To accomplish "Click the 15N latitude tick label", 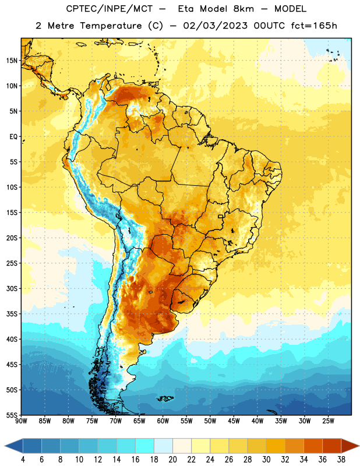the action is point(12,61).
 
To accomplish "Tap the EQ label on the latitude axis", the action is point(13,137).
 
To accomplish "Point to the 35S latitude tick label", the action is point(12,314).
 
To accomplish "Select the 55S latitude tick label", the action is point(12,415).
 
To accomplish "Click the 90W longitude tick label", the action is point(21,421).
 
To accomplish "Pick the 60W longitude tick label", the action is point(163,421).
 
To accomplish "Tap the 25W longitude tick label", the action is point(328,421).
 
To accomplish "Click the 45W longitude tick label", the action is point(234,421).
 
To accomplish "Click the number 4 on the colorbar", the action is point(23,460).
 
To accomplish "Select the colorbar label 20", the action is point(172,460).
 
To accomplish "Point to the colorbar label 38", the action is point(341,460).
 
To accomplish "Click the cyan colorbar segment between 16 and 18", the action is point(144,446).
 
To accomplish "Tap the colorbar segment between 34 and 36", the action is point(313,446).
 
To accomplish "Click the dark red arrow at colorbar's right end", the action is point(350,446).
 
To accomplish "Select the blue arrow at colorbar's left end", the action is point(14,446).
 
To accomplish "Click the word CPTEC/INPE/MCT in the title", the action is point(109,9).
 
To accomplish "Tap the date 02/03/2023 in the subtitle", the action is point(215,26).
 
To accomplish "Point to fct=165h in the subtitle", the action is point(314,26).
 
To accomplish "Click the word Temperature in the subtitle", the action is point(111,26).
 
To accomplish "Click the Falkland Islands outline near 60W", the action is point(165,398).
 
